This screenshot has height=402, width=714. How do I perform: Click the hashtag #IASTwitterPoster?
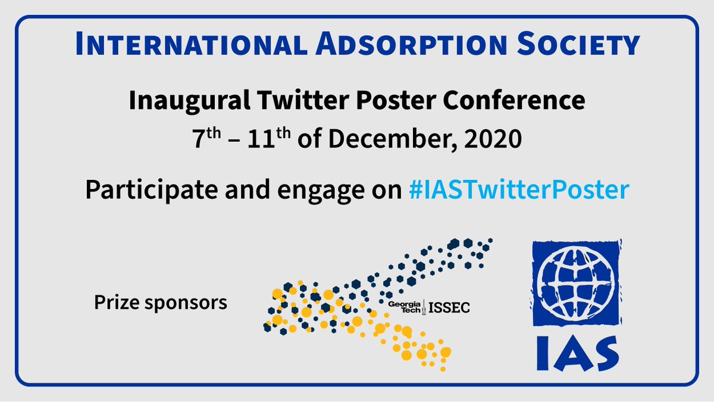point(517,191)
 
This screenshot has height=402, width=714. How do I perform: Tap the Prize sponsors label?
point(161,303)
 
